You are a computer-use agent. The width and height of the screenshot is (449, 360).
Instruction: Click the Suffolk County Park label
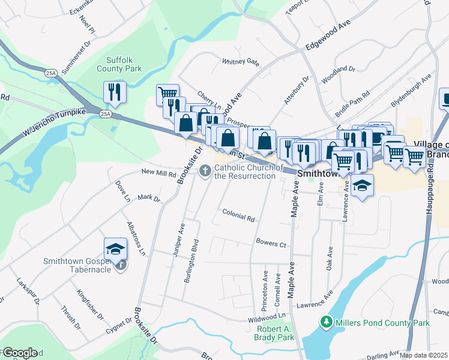point(124,64)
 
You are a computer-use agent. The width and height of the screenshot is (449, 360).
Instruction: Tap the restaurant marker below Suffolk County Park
point(113,92)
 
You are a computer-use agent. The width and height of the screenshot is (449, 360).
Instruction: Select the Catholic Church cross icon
point(206,172)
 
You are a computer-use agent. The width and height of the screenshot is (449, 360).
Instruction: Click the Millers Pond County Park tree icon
point(326,322)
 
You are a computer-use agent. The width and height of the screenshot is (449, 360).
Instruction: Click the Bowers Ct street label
point(271,244)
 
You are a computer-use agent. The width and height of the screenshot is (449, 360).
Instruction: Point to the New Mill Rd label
point(158,173)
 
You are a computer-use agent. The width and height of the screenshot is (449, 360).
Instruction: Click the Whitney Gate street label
point(240,61)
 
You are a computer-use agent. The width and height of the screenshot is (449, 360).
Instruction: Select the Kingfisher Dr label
point(91,304)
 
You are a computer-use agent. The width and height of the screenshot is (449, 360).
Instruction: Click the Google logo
point(19,353)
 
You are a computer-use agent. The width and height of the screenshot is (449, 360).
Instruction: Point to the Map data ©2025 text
point(423,355)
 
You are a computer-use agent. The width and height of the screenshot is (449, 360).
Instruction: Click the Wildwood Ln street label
point(268,315)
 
